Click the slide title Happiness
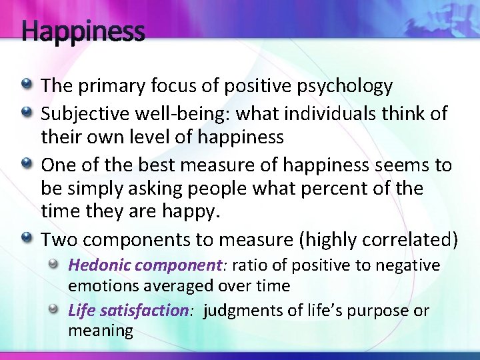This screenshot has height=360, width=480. tap(83, 31)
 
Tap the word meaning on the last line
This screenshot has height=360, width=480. tap(101, 331)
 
